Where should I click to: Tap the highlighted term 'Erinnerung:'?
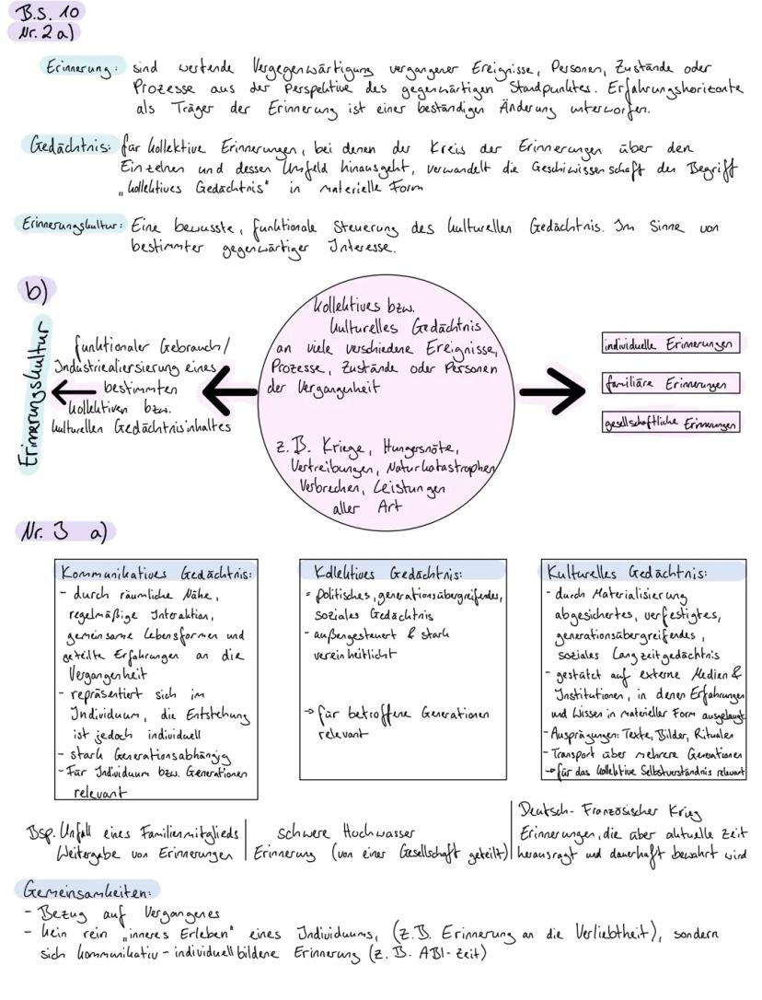[81, 67]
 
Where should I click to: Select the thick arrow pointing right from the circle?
[552, 392]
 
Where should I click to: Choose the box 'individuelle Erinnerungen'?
[668, 344]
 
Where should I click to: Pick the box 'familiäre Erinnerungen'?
[668, 384]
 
